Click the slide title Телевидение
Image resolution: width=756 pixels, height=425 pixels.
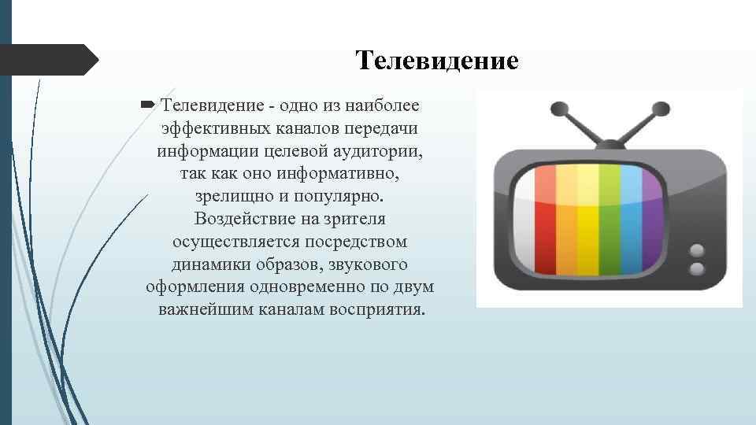(x=436, y=61)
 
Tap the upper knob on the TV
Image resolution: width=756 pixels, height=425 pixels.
(x=696, y=251)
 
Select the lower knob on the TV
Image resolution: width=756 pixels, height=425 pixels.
(x=696, y=270)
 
